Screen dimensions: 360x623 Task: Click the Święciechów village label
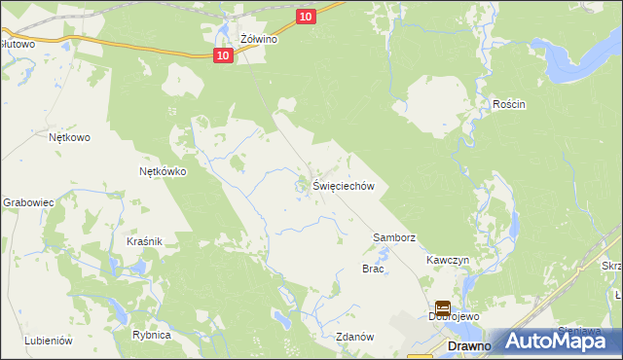[344, 185]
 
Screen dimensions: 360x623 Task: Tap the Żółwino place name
[259, 40]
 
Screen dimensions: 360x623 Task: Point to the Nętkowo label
[69, 137]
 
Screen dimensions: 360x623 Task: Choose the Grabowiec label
[27, 202]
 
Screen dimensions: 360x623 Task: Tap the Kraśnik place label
[143, 240]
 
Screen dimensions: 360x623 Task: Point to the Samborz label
[394, 237]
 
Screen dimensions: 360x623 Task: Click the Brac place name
[373, 269]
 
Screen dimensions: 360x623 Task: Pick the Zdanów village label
[354, 337]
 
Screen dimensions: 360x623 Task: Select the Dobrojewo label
[451, 316]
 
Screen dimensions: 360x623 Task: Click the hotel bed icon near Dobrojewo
[442, 306]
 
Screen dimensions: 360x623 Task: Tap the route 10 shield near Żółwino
[224, 55]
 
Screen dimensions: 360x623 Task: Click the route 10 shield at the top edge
[306, 16]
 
